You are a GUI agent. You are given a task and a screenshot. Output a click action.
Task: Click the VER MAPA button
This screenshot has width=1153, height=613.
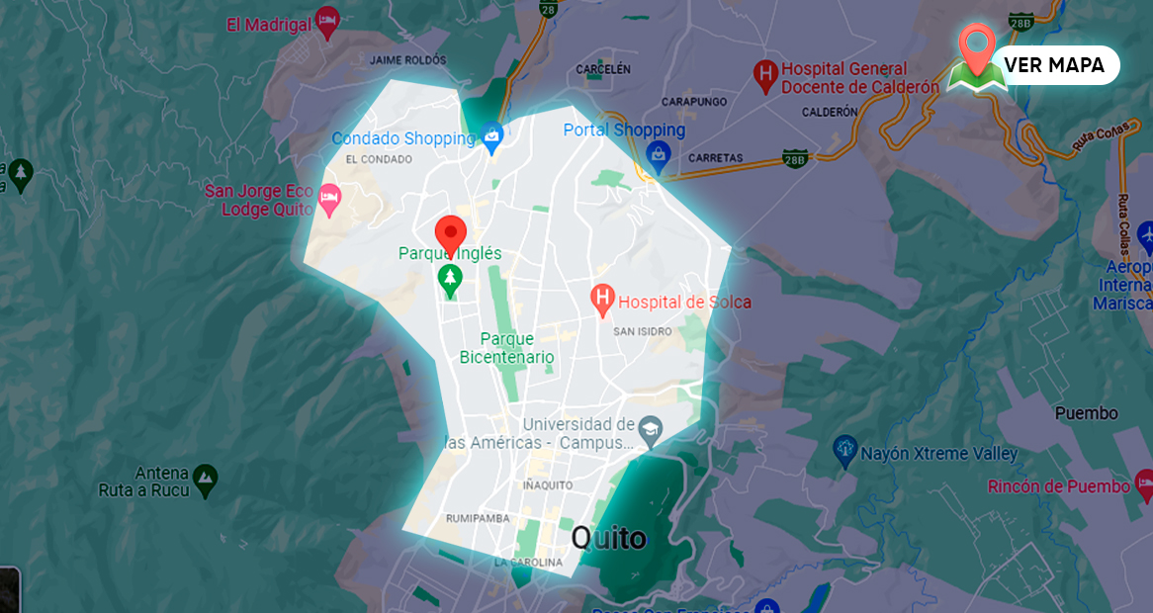[1054, 65]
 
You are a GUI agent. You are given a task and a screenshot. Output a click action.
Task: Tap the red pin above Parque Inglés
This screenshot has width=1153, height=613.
[451, 234]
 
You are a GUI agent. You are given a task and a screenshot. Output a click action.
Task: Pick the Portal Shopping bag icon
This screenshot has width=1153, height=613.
[658, 153]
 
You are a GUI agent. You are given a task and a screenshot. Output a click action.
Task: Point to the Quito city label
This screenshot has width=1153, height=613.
[609, 538]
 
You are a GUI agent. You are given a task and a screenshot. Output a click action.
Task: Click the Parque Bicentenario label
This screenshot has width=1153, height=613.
[506, 348]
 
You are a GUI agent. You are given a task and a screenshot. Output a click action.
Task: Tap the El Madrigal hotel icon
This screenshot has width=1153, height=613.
[327, 21]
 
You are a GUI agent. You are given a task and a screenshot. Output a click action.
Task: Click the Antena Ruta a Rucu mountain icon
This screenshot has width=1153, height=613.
[205, 480]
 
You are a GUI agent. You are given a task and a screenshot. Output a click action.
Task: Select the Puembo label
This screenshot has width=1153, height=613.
[1086, 413]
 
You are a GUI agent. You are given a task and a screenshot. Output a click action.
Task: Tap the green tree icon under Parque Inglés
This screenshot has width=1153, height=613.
[451, 280]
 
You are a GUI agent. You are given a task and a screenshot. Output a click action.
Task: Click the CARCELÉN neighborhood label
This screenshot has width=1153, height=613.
[602, 69]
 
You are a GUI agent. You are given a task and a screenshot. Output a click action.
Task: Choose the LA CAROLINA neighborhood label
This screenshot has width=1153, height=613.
[529, 564]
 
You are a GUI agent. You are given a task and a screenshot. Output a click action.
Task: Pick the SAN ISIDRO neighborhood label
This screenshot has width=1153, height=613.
[643, 331]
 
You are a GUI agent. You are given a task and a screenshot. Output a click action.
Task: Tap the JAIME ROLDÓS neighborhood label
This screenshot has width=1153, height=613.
[407, 60]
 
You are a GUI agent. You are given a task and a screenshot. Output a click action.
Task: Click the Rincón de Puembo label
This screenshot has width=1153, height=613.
[1058, 486]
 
